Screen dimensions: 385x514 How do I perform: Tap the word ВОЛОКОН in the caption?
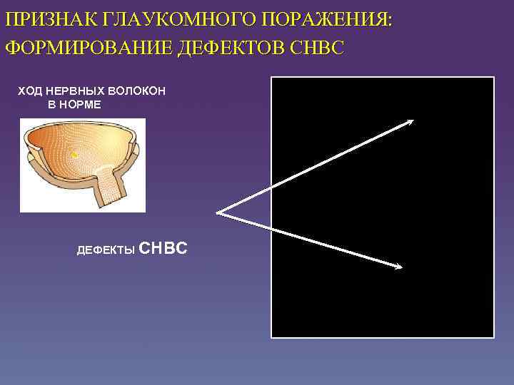[x=138, y=91]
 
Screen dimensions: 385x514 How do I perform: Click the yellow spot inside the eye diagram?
[x=74, y=153]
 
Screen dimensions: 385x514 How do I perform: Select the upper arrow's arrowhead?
[x=410, y=122]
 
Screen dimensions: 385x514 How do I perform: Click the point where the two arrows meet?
[x=217, y=212]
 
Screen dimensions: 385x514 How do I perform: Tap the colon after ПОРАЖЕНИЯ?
[x=390, y=19]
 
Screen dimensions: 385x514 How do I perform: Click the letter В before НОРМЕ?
[x=52, y=104]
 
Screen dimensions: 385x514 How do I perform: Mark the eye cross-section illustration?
[x=82, y=165]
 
